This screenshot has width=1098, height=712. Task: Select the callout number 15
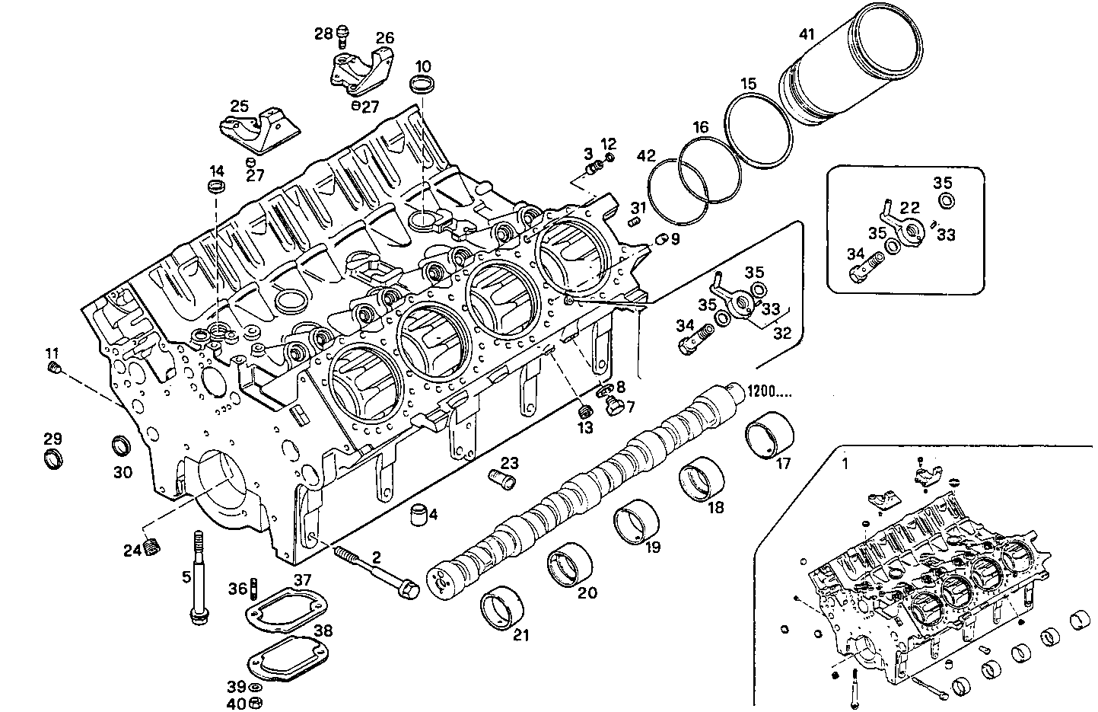749,84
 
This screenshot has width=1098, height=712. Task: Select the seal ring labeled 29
52,460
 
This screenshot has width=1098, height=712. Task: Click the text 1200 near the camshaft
771,391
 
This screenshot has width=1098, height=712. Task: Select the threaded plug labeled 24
153,547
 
